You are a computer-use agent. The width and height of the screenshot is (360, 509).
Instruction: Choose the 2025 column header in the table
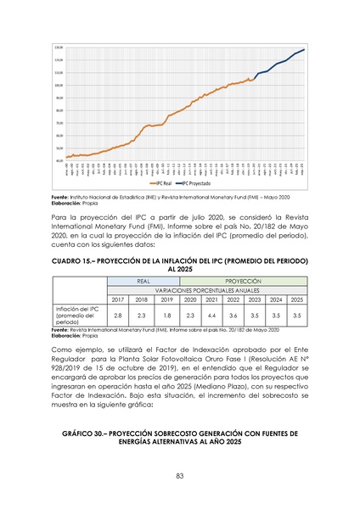click(296, 299)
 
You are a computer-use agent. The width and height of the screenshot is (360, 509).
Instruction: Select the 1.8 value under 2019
click(166, 316)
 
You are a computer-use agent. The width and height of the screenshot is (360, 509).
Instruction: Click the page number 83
click(180, 475)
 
